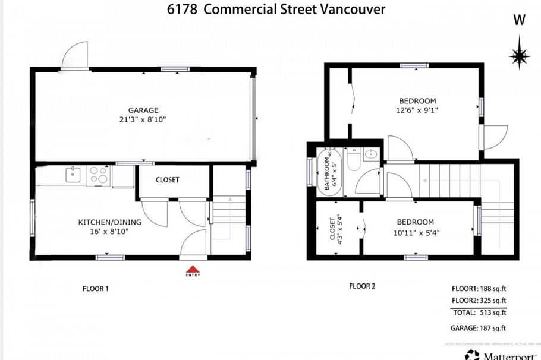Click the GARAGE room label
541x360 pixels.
(143, 110)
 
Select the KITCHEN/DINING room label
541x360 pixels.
(110, 222)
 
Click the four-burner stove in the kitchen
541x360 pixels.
(99, 175)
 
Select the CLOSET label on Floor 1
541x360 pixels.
(167, 180)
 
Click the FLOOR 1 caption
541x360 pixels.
(95, 289)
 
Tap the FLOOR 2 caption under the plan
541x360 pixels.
(362, 286)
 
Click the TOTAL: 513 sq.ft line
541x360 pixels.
(479, 312)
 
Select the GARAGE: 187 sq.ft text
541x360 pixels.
(479, 328)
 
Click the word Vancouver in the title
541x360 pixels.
(355, 9)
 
